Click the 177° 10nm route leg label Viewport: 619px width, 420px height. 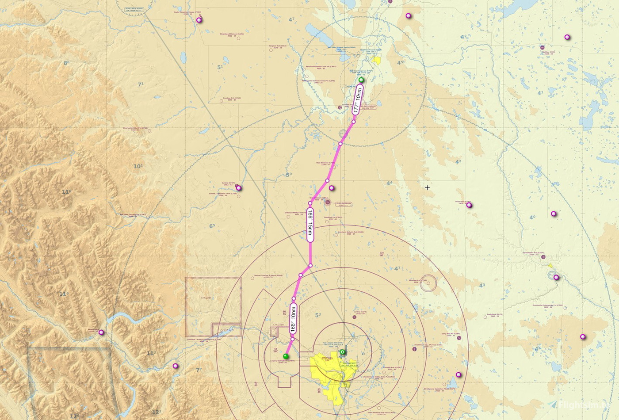(x=358, y=100)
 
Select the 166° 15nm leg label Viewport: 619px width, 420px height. (x=310, y=225)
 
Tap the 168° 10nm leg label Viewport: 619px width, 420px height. (x=293, y=319)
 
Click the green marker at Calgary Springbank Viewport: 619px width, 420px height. (x=286, y=356)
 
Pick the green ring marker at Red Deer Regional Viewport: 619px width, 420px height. (x=361, y=80)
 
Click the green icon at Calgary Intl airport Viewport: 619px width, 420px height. (x=342, y=352)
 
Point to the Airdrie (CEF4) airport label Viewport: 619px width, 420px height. (x=359, y=312)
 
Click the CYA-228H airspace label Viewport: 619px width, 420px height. (x=278, y=325)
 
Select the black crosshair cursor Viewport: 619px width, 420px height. (x=427, y=187)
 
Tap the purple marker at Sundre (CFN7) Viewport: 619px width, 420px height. (x=239, y=188)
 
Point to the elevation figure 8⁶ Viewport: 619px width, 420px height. (x=66, y=63)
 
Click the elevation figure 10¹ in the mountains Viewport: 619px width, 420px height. (x=138, y=166)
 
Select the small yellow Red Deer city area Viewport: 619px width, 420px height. (x=376, y=60)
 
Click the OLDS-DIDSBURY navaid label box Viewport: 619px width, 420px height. (x=343, y=204)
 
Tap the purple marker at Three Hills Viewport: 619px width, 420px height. (x=469, y=205)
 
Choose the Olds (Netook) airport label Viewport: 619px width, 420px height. (x=325, y=164)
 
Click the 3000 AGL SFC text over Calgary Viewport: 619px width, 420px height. (x=327, y=359)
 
